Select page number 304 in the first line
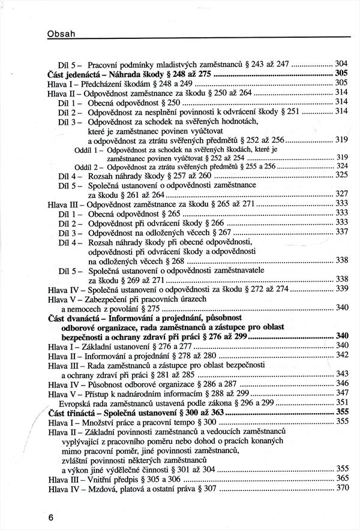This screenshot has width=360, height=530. (342, 64)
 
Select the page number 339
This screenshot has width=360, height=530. (342, 288)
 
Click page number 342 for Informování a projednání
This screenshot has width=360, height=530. (342, 355)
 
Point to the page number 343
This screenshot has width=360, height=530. (342, 374)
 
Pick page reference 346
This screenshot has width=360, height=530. (342, 383)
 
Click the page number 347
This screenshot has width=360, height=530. (342, 393)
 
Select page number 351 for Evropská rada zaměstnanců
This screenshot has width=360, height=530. (342, 402)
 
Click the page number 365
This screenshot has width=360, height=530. (342, 478)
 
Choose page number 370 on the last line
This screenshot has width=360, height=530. (342, 488)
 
